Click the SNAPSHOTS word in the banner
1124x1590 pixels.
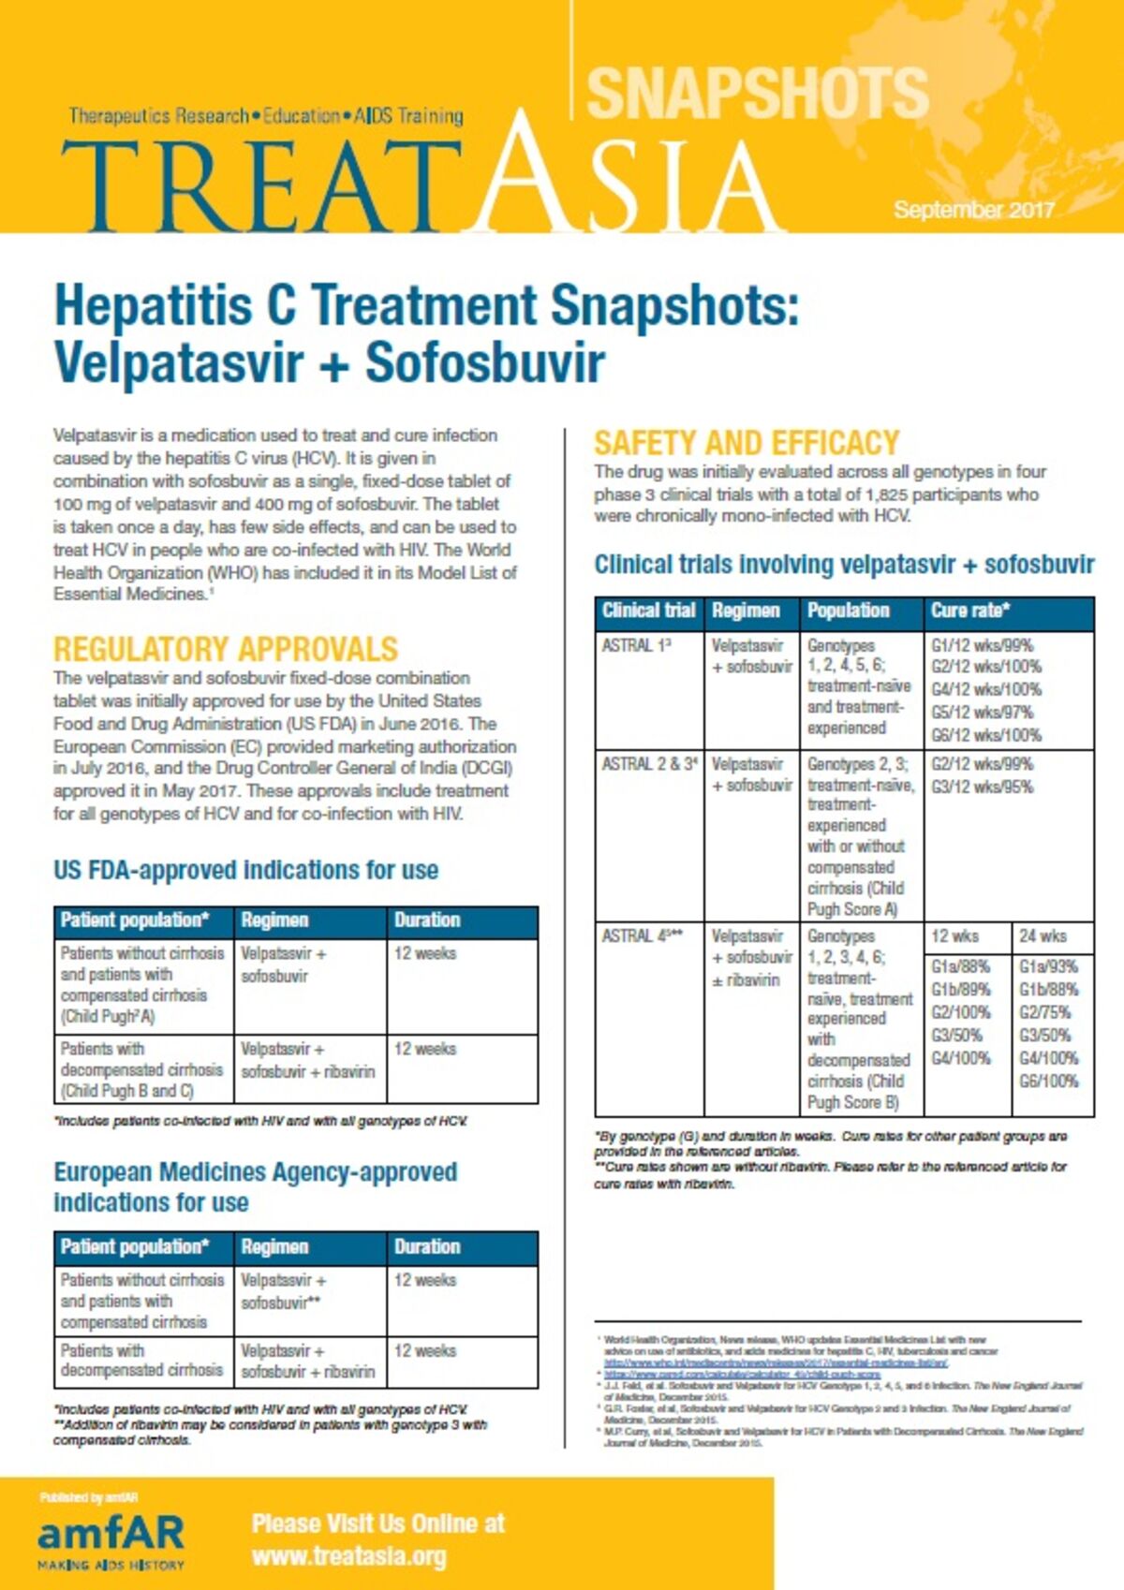(x=757, y=92)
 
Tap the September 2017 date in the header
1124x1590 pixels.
(x=973, y=209)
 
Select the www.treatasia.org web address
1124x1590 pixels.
(x=348, y=1556)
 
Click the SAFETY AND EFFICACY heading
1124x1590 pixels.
(x=747, y=443)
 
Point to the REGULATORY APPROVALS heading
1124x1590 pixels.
(x=225, y=649)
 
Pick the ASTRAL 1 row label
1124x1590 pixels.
(x=636, y=645)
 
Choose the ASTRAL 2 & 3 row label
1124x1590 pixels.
(x=649, y=763)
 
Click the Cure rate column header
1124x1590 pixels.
(x=969, y=611)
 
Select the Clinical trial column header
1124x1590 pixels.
(x=648, y=611)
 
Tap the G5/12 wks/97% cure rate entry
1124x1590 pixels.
(x=982, y=713)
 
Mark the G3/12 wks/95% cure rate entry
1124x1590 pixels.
(x=982, y=787)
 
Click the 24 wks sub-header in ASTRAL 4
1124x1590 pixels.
(x=1042, y=935)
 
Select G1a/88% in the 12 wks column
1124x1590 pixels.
(x=960, y=966)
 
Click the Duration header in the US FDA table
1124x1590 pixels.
(x=427, y=920)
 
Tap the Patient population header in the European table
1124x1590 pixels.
(x=135, y=1247)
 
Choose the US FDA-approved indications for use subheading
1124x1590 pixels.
(x=245, y=870)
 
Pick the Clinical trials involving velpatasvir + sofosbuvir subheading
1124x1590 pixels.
(x=844, y=565)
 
